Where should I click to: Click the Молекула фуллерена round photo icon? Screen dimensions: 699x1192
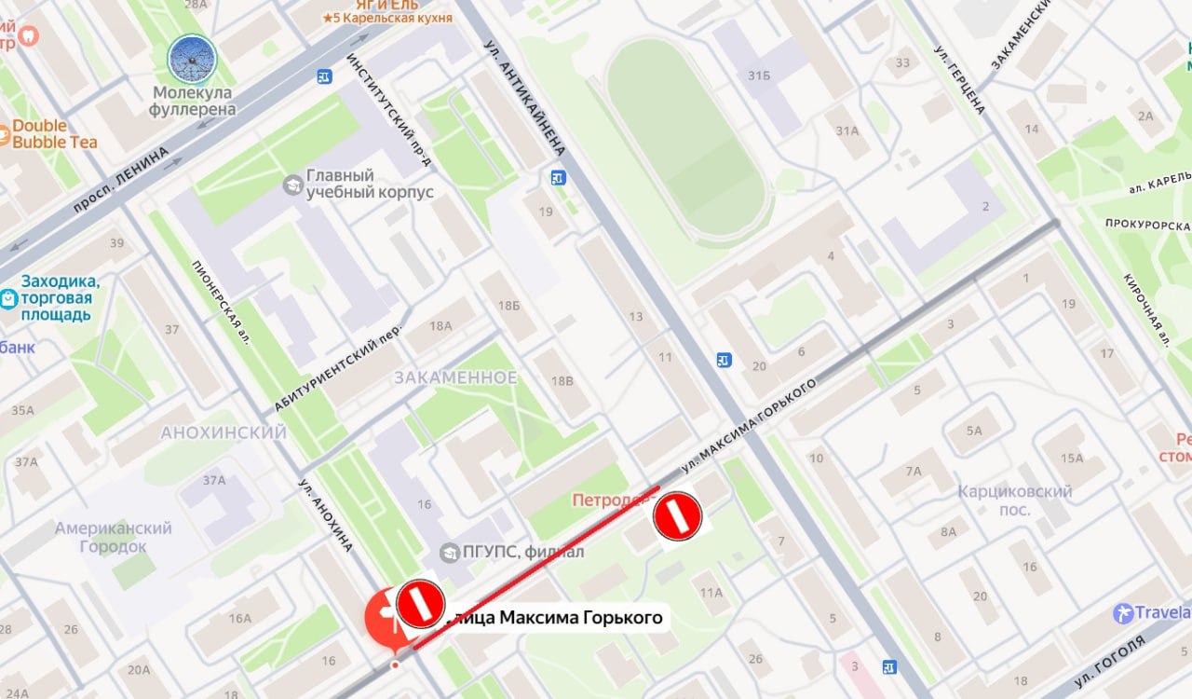point(192,59)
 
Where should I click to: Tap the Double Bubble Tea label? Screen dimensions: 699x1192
point(53,133)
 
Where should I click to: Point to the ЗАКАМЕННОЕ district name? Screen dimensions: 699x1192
point(455,377)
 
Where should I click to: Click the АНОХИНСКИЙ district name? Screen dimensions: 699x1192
point(223,433)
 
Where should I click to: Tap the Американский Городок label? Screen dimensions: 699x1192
point(114,537)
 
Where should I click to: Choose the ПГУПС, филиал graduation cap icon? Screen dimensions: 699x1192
point(450,552)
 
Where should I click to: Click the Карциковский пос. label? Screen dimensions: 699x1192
point(1015,500)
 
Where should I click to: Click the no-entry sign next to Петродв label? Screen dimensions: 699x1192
point(677,516)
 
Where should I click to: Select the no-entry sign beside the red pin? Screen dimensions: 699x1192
point(420,603)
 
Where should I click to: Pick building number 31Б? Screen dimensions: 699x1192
point(759,75)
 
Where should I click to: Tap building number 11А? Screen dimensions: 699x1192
point(712,592)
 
